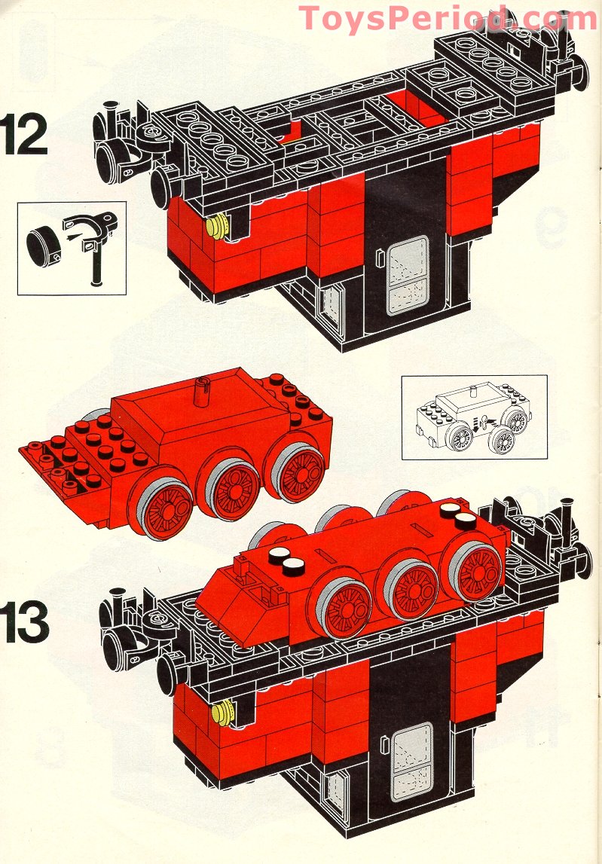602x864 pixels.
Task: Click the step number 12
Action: [x=25, y=133]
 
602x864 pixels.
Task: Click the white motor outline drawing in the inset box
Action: [x=473, y=418]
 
